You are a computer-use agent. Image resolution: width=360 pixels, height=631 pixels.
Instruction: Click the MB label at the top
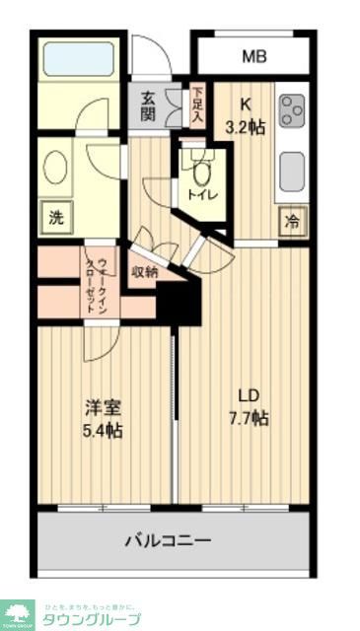pyautogui.click(x=254, y=57)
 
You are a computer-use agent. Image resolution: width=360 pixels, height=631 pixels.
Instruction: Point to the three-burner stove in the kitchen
pyautogui.click(x=292, y=110)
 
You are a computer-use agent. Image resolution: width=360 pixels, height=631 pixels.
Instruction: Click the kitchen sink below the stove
pyautogui.click(x=292, y=171)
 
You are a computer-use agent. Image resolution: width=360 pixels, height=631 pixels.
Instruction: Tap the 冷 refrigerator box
pyautogui.click(x=293, y=221)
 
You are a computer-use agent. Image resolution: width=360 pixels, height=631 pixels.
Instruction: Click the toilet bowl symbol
pyautogui.click(x=202, y=173)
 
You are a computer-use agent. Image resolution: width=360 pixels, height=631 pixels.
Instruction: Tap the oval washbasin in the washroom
pyautogui.click(x=55, y=167)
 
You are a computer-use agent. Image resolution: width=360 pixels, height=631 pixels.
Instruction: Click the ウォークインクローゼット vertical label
pyautogui.click(x=97, y=281)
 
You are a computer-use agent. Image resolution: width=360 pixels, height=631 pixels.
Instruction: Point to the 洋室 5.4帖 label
pyautogui.click(x=102, y=417)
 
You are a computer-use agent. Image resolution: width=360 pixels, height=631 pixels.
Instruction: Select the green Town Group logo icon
pyautogui.click(x=17, y=614)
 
